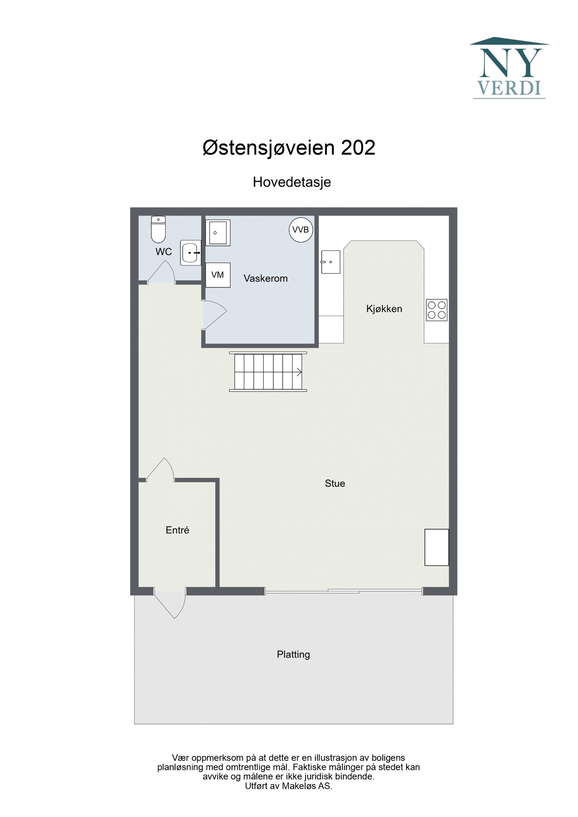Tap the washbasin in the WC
click(x=190, y=253)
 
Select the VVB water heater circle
click(x=301, y=229)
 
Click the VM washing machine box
click(x=217, y=275)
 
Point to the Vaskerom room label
click(x=266, y=278)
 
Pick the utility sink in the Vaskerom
click(x=217, y=233)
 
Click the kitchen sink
click(x=331, y=262)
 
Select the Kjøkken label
click(x=384, y=309)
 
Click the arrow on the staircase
click(x=299, y=372)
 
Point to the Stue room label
click(x=335, y=483)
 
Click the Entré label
click(x=177, y=530)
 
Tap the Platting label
click(x=293, y=654)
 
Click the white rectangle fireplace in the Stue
click(x=436, y=548)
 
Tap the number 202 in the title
click(x=358, y=148)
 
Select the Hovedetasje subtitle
click(x=292, y=182)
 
